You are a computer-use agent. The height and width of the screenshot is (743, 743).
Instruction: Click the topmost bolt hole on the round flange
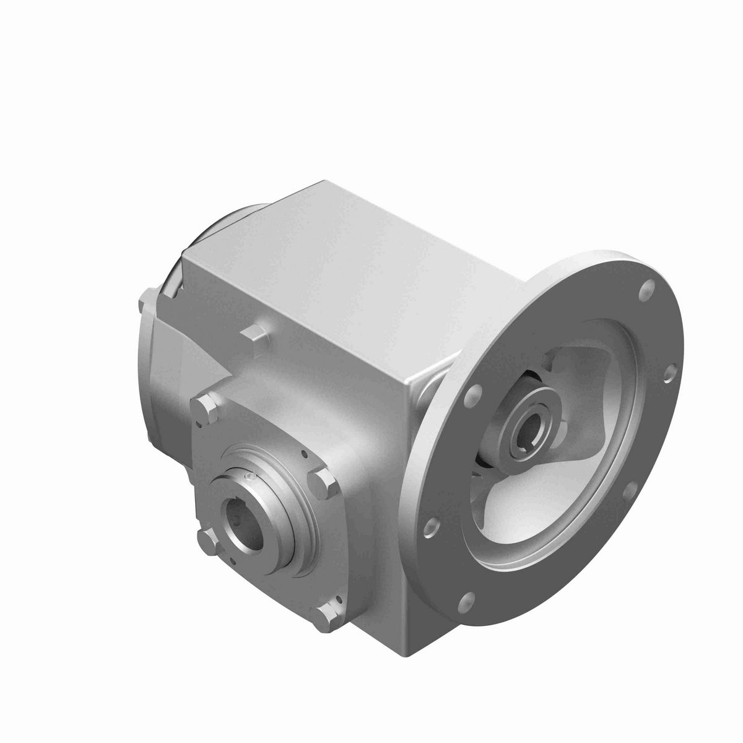click(x=648, y=286)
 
